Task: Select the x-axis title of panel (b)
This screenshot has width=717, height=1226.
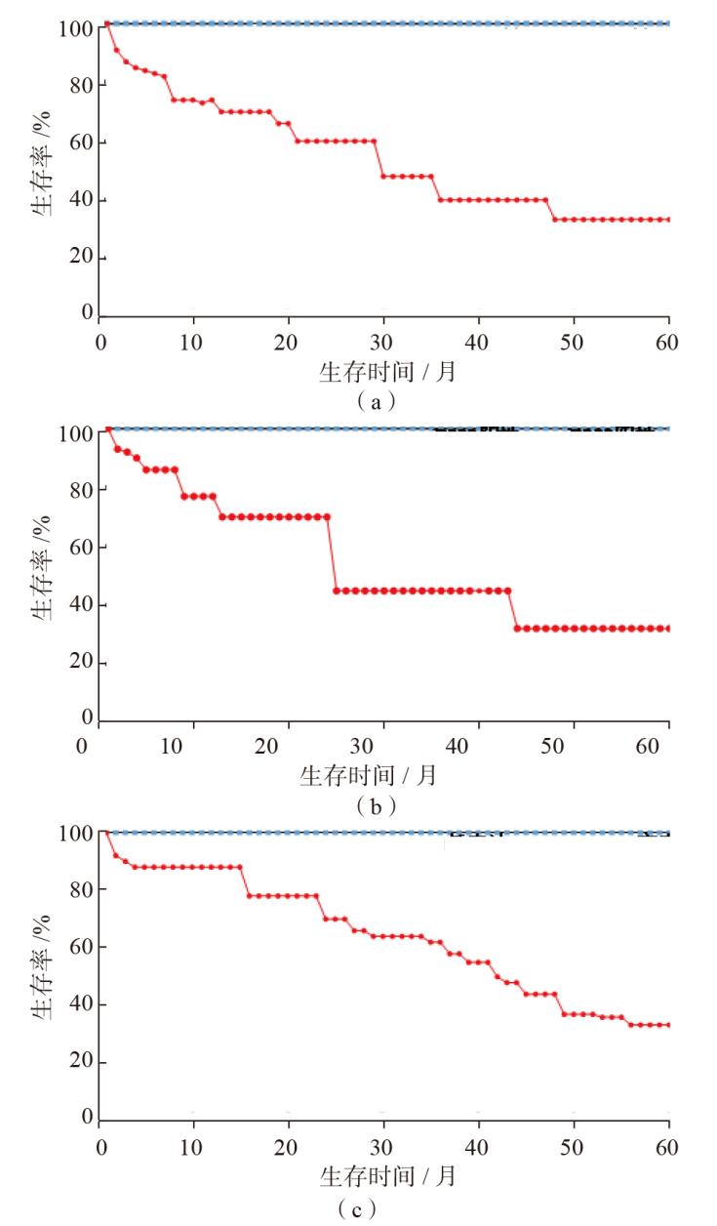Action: pos(368,776)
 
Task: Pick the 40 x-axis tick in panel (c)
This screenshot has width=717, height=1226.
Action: pos(478,1147)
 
